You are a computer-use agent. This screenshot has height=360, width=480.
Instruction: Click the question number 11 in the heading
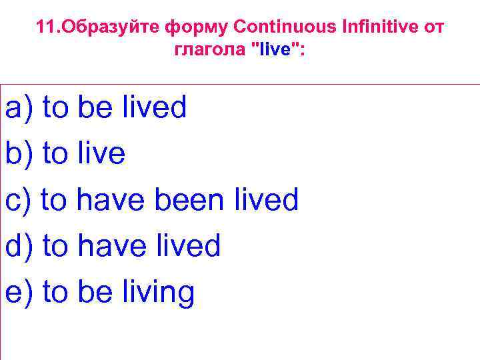[45, 28]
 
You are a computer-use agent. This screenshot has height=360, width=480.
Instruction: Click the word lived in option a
[154, 108]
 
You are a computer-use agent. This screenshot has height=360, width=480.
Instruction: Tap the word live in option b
[101, 154]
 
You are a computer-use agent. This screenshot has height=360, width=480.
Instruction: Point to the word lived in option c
[266, 200]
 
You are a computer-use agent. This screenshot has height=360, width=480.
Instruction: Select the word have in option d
[110, 246]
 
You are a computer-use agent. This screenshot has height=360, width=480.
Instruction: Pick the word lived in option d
[187, 246]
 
